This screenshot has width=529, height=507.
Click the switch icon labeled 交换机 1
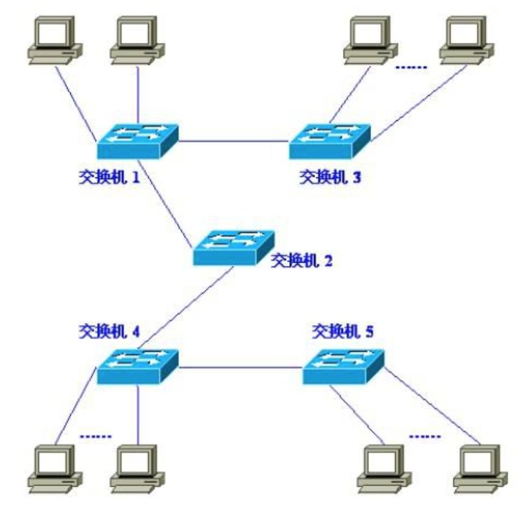pyautogui.click(x=137, y=141)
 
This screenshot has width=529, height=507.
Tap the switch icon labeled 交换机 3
pyautogui.click(x=329, y=141)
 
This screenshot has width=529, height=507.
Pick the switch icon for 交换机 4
pyautogui.click(x=137, y=367)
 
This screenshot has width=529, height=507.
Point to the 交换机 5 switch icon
pyautogui.click(x=342, y=367)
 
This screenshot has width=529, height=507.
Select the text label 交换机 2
pyautogui.click(x=301, y=261)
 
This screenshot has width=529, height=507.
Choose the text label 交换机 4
pyautogui.click(x=108, y=330)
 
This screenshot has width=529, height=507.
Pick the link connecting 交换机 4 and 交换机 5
pyautogui.click(x=240, y=368)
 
